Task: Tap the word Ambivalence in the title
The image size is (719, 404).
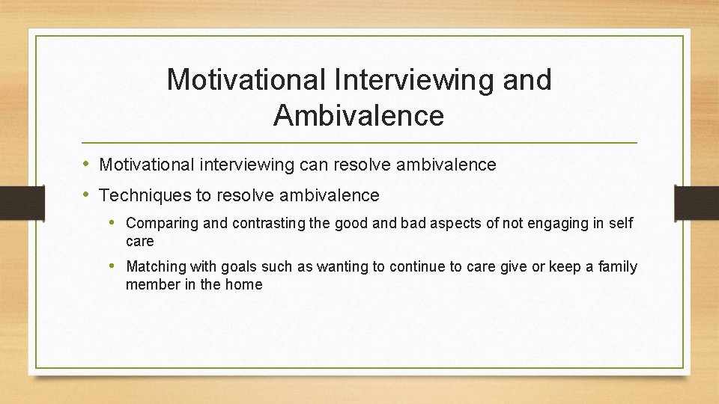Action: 359,116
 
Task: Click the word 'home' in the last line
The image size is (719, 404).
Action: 243,284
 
